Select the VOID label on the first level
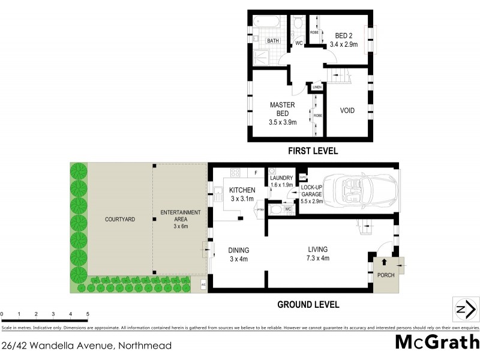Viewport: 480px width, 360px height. click(347, 111)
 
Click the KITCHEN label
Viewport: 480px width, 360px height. click(242, 190)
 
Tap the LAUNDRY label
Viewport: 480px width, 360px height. click(281, 178)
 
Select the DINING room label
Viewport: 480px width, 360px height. click(238, 250)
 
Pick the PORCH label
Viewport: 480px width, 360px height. click(386, 275)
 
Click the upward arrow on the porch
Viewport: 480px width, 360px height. click(384, 263)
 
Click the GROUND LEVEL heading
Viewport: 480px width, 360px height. click(308, 305)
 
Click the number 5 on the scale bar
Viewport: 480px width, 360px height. click(88, 314)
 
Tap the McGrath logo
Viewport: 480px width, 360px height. click(438, 342)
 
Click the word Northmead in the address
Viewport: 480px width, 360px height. click(146, 346)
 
